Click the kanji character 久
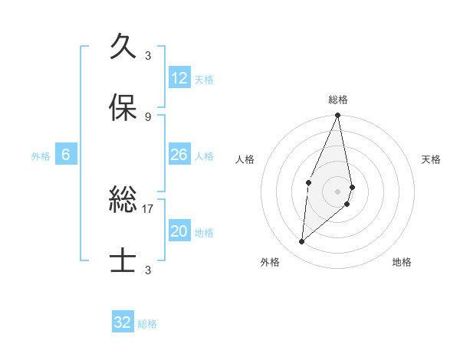click(x=123, y=47)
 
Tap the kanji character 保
click(x=123, y=108)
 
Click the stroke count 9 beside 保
click(x=148, y=116)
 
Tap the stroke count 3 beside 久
click(x=148, y=55)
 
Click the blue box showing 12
click(x=179, y=78)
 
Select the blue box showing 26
click(x=179, y=155)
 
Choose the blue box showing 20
click(x=179, y=231)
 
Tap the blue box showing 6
click(x=66, y=155)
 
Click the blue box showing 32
click(x=123, y=322)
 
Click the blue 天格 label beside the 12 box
click(x=204, y=79)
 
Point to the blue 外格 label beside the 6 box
click(x=41, y=155)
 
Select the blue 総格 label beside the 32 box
click(x=147, y=323)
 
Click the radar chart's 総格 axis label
click(x=338, y=100)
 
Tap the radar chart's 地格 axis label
click(x=402, y=262)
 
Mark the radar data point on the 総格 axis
click(x=338, y=116)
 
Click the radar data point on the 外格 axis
click(x=302, y=242)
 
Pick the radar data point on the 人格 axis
click(x=308, y=182)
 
